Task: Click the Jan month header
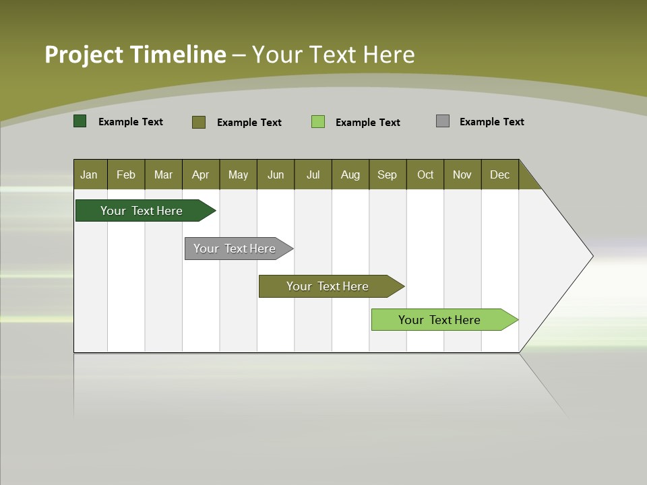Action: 89,174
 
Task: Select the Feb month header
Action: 126,174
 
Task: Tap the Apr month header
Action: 200,174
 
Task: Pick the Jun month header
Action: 276,174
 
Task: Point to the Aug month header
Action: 350,174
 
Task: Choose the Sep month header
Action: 387,174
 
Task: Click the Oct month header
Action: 425,174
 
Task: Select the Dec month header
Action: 499,174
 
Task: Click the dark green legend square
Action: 80,121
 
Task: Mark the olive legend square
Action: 199,122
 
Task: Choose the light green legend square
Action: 318,122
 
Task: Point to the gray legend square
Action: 443,121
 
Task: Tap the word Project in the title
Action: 83,55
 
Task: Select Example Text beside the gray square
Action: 491,122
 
